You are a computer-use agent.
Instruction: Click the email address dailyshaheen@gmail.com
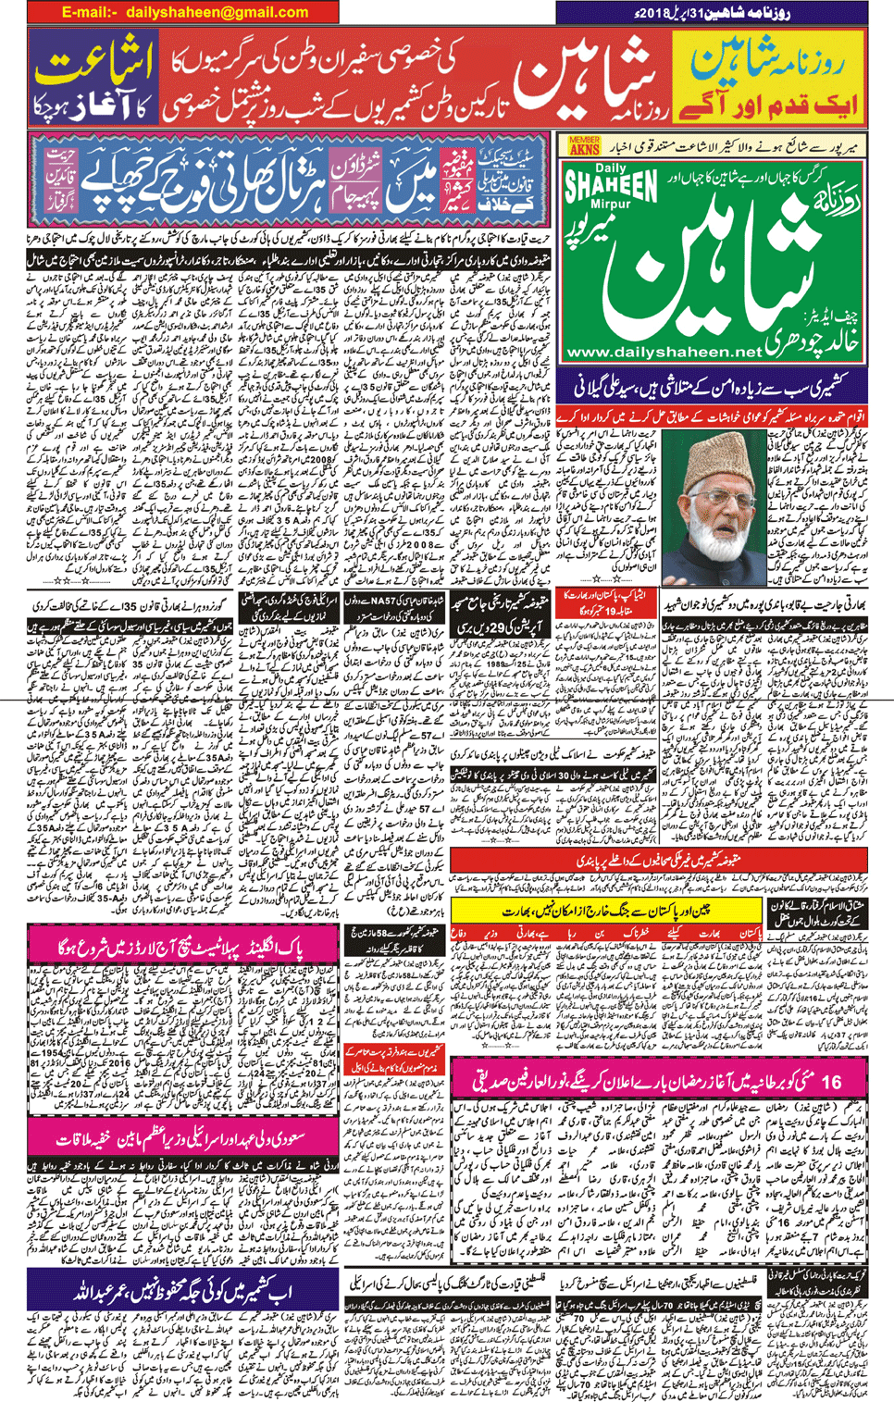pos(184,13)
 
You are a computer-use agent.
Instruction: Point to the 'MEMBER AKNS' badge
pos(583,144)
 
